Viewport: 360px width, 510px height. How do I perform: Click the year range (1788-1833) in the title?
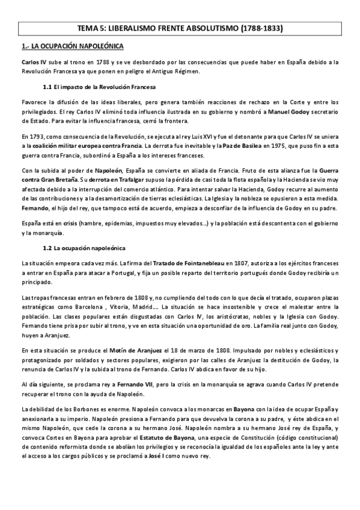255,28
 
